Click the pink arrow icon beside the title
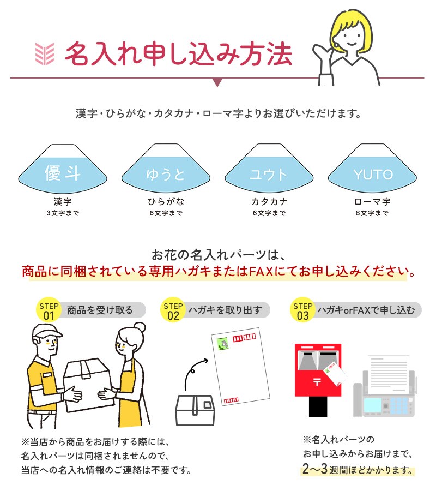[x=44, y=54]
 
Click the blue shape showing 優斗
[x=63, y=175]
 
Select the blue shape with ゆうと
[x=166, y=175]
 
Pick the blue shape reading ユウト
[x=269, y=175]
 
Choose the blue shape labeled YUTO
[x=373, y=175]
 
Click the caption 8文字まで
[x=372, y=213]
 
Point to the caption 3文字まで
[x=63, y=213]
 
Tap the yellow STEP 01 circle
[x=49, y=309]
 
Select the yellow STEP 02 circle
[x=173, y=309]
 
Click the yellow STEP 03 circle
[x=302, y=309]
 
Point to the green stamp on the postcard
[x=223, y=344]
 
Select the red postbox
[x=318, y=380]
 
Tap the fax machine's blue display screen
[x=373, y=405]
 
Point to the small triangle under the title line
[x=217, y=82]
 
